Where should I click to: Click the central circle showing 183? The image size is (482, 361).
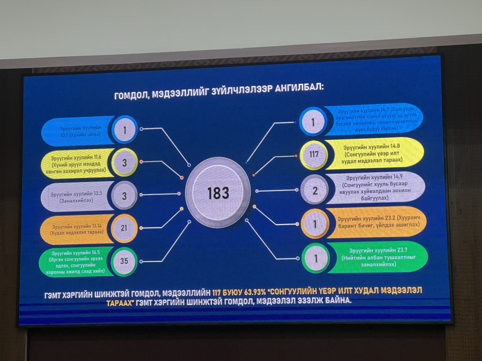tap(218, 193)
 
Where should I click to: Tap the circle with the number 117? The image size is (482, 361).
tap(314, 154)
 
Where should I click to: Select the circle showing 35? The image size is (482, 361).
tap(124, 261)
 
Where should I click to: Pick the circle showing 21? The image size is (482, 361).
tap(124, 228)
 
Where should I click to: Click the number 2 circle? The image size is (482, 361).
tap(315, 191)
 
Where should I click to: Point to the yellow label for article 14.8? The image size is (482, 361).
tap(373, 153)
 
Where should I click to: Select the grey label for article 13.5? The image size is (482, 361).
tap(76, 197)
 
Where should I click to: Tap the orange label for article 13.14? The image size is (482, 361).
tap(77, 229)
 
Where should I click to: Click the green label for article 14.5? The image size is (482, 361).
tap(76, 262)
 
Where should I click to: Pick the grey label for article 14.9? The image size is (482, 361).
tap(375, 187)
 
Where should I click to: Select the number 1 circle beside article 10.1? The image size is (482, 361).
tap(125, 130)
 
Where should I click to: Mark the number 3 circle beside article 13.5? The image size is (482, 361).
tap(124, 196)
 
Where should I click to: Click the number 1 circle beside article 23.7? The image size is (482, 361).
tap(316, 258)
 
